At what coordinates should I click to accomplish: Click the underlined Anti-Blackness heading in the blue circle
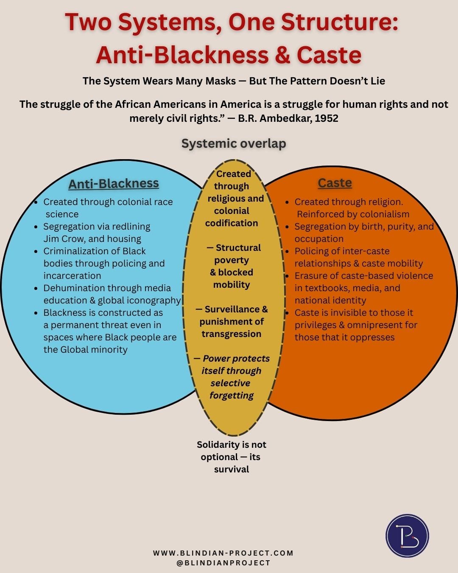click(114, 183)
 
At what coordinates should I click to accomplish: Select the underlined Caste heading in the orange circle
click(335, 183)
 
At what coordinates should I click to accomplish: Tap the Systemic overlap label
click(234, 143)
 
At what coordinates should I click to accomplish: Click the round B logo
click(407, 536)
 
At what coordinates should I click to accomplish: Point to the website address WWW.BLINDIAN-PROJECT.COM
click(223, 553)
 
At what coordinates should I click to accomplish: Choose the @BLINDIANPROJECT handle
click(223, 563)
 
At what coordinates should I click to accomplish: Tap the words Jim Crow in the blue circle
click(64, 239)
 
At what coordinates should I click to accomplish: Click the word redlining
click(131, 227)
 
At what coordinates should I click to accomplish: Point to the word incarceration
click(72, 276)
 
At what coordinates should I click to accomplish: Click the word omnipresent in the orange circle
click(373, 325)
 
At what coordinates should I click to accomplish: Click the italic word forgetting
click(232, 396)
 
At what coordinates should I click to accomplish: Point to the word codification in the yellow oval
click(232, 223)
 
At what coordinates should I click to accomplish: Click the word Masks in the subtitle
click(217, 81)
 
